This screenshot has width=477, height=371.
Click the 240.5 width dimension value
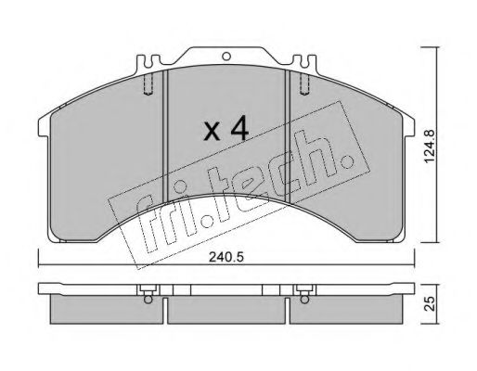tap(226, 257)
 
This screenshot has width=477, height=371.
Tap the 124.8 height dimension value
tap(430, 147)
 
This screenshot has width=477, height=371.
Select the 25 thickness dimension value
tap(431, 303)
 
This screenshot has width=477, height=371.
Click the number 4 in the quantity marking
tap(239, 128)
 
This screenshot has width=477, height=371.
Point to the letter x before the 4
tap(213, 131)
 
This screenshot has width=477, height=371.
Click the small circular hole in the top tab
tap(226, 57)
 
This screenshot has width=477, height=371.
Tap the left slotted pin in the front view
tap(148, 84)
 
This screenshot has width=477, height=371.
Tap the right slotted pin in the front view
tap(304, 84)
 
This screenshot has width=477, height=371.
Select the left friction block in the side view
tap(107, 309)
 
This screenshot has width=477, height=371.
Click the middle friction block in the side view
tap(226, 311)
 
